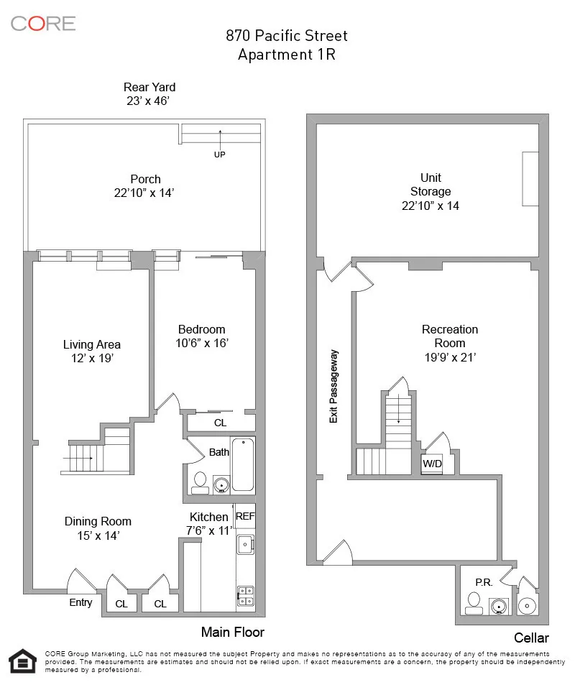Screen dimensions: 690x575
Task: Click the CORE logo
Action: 43,23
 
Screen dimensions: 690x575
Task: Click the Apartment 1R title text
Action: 286,55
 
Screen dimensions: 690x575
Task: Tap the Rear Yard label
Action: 149,88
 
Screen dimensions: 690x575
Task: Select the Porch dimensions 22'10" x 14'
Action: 145,193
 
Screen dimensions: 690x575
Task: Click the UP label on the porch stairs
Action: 219,155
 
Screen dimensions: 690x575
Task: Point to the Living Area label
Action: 91,344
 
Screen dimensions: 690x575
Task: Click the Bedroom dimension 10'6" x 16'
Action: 203,344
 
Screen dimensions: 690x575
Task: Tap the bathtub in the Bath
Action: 243,464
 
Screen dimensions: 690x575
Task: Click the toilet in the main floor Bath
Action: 200,482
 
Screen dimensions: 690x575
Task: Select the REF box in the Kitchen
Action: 245,516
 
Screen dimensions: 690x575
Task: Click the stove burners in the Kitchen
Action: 245,596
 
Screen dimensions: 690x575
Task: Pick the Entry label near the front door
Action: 80,602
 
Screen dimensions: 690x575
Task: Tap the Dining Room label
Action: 98,521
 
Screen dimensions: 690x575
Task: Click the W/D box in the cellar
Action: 432,464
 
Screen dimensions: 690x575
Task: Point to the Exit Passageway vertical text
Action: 333,386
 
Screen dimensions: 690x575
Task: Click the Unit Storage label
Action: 431,184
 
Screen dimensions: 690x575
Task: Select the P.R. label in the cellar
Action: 483,582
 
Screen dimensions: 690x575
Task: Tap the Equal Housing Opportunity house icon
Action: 22,661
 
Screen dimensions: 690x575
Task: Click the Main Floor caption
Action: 232,632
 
